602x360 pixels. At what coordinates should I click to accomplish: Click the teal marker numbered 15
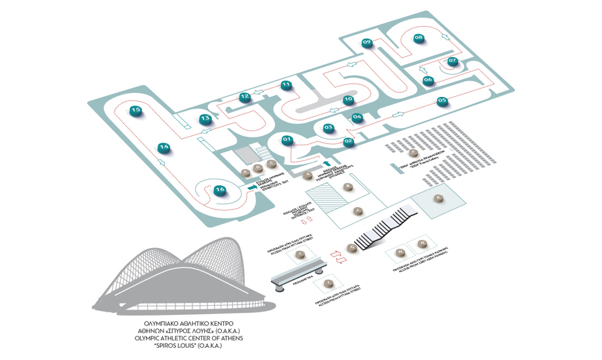coord(135,111)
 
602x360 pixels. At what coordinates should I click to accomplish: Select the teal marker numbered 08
coord(419,38)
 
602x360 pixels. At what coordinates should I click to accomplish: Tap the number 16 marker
coord(220,190)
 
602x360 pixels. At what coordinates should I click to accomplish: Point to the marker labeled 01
coord(287,139)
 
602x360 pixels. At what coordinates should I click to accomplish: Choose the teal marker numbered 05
coord(442,101)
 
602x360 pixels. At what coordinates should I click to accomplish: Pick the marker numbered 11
coord(286,85)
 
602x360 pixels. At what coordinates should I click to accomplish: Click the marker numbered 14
coord(164,147)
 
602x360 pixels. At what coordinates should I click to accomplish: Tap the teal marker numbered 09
coord(367,43)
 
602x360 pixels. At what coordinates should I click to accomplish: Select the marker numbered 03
coord(328,128)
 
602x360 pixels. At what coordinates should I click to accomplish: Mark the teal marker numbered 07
coord(452,62)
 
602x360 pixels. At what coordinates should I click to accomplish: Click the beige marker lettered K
coord(438,198)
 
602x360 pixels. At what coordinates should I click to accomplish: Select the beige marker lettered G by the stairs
coord(353,247)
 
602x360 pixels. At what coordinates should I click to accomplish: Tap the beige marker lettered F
coord(412,153)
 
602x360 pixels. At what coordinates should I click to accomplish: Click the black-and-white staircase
coord(386,228)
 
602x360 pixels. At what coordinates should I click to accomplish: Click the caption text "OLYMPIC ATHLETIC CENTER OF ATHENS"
coord(188,338)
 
